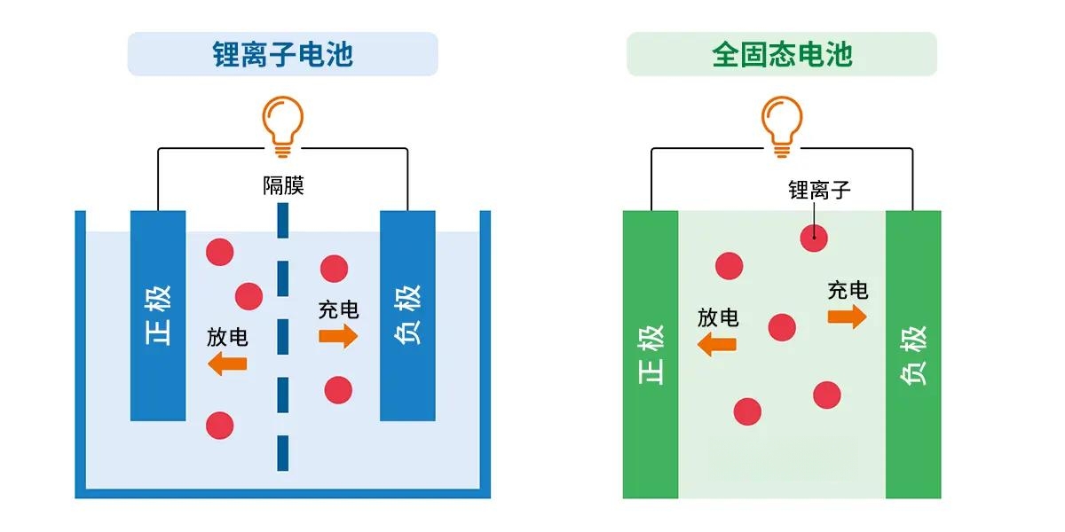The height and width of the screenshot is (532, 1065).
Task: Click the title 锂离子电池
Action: pos(282,54)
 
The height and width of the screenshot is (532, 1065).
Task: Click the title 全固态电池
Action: pos(782,54)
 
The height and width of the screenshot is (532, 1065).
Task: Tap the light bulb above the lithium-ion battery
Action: pos(282,127)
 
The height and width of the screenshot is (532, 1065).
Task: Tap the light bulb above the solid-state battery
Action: pos(782,127)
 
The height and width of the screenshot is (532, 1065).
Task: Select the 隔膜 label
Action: pos(283,185)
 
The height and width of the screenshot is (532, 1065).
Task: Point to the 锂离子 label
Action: pos(819,190)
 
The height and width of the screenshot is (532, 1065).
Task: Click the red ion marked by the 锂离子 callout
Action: pos(814,239)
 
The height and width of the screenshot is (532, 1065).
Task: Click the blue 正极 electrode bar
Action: pos(158,316)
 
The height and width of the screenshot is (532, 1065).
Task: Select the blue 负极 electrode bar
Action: pos(407,316)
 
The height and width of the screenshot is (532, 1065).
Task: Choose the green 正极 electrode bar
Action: pos(651,355)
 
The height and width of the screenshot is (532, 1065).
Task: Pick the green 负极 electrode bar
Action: pos(913,355)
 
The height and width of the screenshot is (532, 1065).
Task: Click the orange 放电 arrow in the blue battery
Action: pos(227,364)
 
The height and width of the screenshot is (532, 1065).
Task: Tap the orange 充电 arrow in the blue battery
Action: pos(338,337)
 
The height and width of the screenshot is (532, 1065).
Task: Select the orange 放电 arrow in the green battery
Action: pos(716,344)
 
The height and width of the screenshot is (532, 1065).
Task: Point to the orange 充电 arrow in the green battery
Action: pos(848,317)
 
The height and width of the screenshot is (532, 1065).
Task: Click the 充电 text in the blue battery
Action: pos(338,310)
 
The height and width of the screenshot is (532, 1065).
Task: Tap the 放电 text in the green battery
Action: pos(718,317)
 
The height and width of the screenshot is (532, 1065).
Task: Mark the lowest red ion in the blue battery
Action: pos(220,426)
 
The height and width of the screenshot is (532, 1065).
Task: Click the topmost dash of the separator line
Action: pos(283,221)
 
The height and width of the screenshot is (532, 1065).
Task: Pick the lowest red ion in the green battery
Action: pos(747,411)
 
